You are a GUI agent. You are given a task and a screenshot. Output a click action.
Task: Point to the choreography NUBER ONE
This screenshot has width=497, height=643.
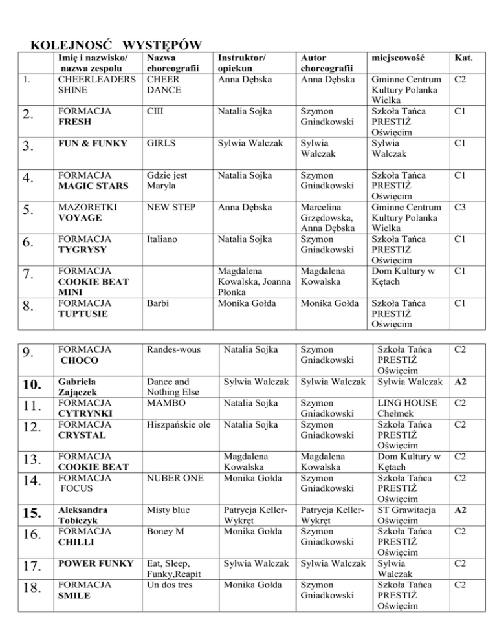pyautogui.click(x=172, y=479)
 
